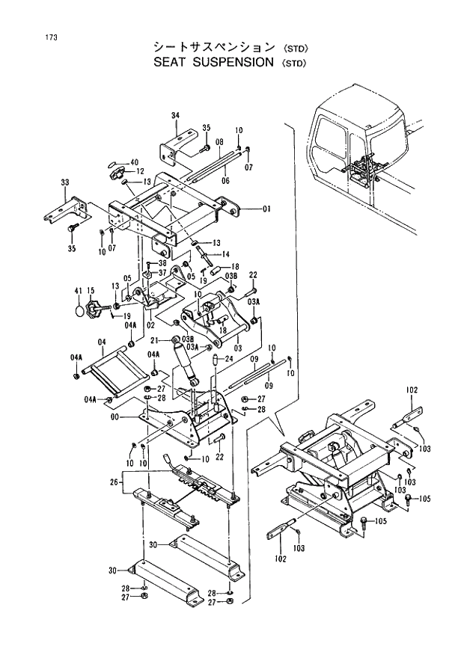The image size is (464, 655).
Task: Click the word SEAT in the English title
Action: pyautogui.click(x=169, y=62)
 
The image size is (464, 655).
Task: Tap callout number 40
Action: pyautogui.click(x=135, y=162)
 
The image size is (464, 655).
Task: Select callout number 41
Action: pyautogui.click(x=77, y=290)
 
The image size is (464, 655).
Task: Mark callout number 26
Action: pyautogui.click(x=114, y=482)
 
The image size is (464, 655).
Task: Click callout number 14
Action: pyautogui.click(x=225, y=254)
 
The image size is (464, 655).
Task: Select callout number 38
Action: pyautogui.click(x=161, y=263)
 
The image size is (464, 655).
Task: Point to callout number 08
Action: pyautogui.click(x=219, y=141)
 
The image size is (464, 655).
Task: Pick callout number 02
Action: pyautogui.click(x=150, y=325)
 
